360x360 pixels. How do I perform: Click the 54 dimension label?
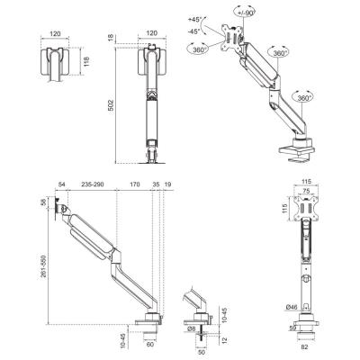[x=61, y=184]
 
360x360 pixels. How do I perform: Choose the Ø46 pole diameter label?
[x=292, y=309]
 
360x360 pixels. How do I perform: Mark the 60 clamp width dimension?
[x=149, y=344]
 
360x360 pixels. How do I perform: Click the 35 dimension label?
[x=156, y=184]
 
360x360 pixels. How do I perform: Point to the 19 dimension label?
[x=168, y=184]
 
